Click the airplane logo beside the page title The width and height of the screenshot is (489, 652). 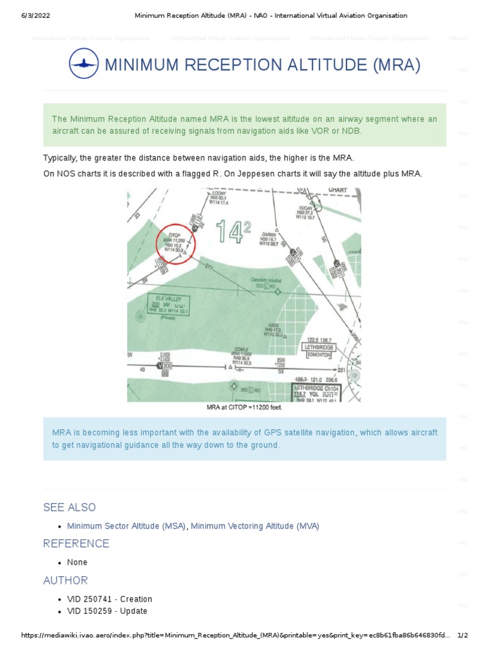tap(83, 64)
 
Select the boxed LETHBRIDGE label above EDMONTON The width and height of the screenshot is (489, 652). tap(318, 348)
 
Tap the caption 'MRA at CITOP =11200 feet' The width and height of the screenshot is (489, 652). tap(244, 407)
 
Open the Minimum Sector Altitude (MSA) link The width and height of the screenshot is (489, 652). tap(127, 526)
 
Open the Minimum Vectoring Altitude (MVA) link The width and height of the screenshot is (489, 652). tap(255, 526)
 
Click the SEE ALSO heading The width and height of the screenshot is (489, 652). tap(69, 507)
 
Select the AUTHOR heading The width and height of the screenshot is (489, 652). tap(66, 580)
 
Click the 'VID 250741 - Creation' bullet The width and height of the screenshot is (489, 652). tap(110, 599)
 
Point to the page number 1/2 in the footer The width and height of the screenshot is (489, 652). tap(463, 635)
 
